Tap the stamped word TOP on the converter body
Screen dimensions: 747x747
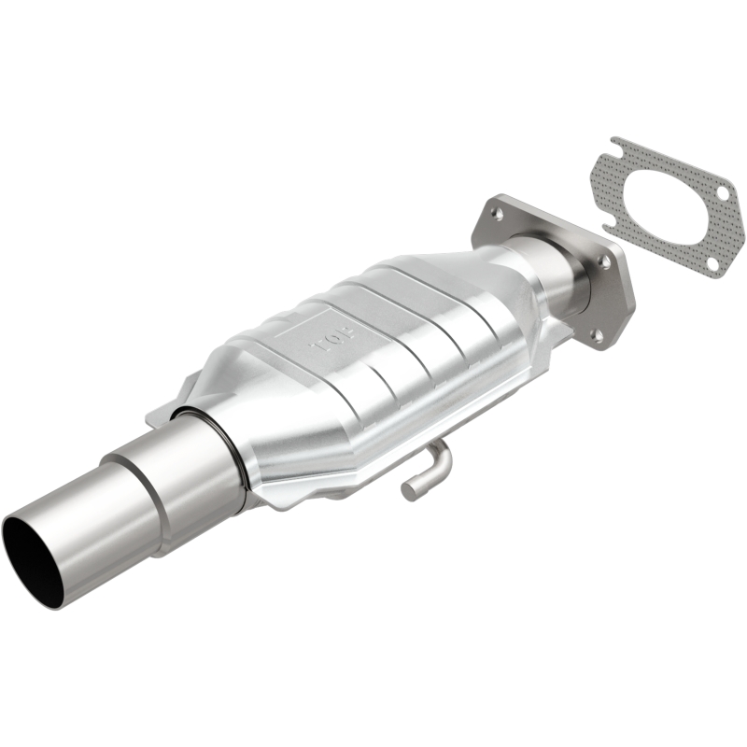pyautogui.click(x=328, y=342)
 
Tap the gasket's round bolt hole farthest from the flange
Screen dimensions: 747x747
pyautogui.click(x=722, y=192)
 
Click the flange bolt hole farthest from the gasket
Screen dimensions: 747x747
pyautogui.click(x=496, y=215)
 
